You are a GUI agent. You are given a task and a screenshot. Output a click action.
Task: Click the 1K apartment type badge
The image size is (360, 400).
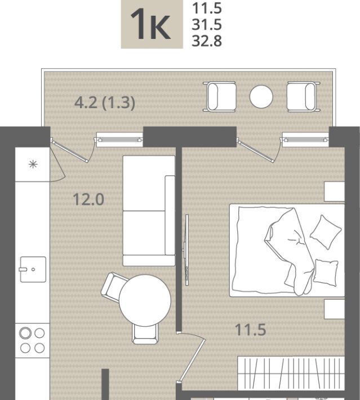[x=152, y=24]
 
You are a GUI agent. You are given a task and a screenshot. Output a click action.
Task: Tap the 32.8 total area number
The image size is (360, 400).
[x=207, y=41]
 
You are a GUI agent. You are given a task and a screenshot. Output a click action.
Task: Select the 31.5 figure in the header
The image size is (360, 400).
[x=207, y=25]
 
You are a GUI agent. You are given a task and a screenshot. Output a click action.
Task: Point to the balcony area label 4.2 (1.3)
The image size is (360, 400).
[x=105, y=103]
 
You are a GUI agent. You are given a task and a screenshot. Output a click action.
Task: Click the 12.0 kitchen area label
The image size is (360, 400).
[x=88, y=199]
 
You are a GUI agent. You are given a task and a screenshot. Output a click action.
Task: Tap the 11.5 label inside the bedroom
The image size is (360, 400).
[x=251, y=330]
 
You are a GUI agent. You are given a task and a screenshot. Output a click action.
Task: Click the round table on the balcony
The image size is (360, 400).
[x=261, y=97]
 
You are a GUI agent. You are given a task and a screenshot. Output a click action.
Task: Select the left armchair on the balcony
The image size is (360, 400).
[x=220, y=97]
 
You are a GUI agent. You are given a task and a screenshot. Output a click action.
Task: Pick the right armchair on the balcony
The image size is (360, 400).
[x=303, y=97]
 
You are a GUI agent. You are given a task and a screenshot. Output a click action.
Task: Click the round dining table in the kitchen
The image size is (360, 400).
[x=145, y=300]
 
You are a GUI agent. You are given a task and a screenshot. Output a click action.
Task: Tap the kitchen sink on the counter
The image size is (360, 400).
[x=33, y=269]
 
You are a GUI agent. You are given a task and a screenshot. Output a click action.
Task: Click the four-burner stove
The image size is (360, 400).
[x=33, y=340]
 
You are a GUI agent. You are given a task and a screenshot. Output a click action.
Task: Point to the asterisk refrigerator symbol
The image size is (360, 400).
[x=33, y=165]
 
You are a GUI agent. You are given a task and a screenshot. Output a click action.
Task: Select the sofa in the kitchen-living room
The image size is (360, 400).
[x=149, y=211]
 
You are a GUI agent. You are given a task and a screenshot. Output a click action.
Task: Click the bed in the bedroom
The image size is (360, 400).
[x=287, y=250]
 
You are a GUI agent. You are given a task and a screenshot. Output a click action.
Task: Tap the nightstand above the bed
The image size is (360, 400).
[x=335, y=192]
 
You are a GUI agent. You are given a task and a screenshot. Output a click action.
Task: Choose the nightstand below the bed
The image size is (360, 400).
[x=335, y=309]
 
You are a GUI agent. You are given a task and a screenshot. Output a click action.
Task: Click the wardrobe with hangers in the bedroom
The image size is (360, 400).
[x=291, y=373]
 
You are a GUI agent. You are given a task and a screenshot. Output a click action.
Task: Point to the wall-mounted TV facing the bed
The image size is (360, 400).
[x=187, y=250]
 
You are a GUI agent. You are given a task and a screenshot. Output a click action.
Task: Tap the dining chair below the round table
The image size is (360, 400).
[x=145, y=334]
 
